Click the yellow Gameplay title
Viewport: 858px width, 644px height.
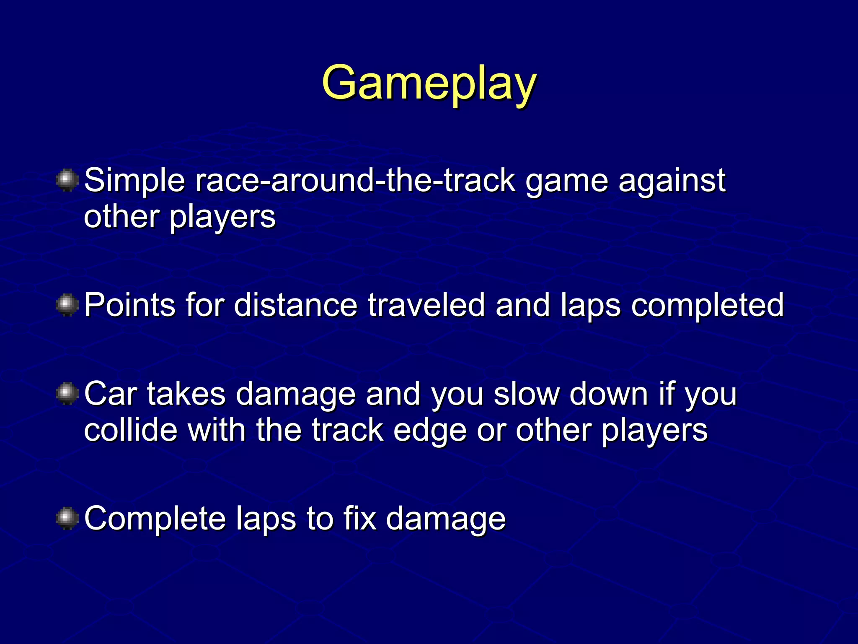point(429,83)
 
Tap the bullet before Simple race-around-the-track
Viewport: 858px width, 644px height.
point(67,180)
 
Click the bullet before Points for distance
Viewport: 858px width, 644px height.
point(67,305)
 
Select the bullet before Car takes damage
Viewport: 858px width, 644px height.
point(67,394)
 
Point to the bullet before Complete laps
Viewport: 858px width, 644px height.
point(67,518)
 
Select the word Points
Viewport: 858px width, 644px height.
point(129,305)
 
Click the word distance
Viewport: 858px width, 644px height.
point(295,305)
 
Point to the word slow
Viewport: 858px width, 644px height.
point(526,394)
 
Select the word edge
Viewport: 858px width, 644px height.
point(430,431)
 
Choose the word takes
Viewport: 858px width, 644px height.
point(186,394)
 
